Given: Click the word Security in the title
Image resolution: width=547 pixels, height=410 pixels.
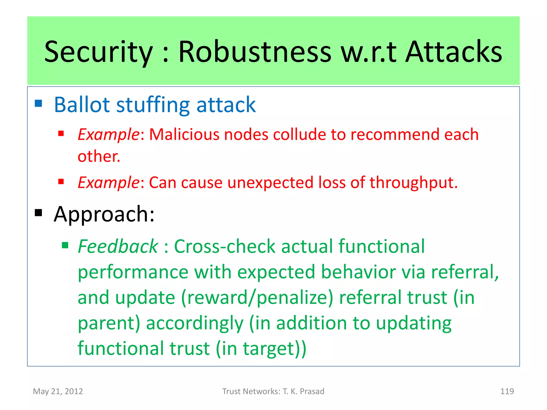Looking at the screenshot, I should tap(98, 52).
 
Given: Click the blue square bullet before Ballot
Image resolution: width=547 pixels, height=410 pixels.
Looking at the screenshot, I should tap(38, 103).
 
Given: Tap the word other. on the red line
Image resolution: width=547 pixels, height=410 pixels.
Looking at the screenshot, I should tap(99, 156).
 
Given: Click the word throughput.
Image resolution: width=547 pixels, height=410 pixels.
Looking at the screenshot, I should tap(413, 183).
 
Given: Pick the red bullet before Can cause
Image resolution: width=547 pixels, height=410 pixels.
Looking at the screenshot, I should tap(61, 182).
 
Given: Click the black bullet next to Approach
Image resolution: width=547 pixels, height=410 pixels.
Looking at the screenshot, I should tap(38, 213).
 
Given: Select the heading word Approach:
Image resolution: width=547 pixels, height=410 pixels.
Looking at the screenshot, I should tap(104, 214).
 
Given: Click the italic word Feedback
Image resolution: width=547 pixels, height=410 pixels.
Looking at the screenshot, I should tap(118, 246).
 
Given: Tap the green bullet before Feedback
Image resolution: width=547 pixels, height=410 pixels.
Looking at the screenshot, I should tap(65, 245).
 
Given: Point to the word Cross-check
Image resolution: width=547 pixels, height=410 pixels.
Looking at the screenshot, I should tap(224, 246).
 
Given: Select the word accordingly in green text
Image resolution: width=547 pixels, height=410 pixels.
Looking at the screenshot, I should tap(194, 323).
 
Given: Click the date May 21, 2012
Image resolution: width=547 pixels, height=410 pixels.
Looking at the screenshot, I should tap(58, 391).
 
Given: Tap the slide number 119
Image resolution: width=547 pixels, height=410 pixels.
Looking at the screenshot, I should tap(507, 391).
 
